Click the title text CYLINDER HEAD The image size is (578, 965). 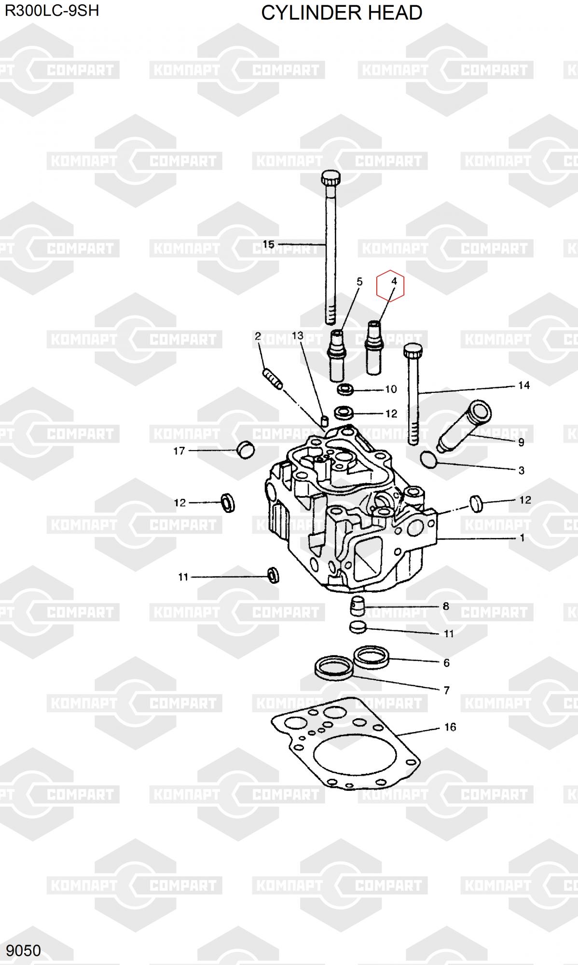(x=342, y=13)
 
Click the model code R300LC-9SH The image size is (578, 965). (x=52, y=10)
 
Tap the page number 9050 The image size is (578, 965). (x=24, y=950)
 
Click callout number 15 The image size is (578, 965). (x=269, y=244)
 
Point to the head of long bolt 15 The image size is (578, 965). (x=330, y=179)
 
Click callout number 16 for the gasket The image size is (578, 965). (x=450, y=727)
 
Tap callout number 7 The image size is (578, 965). (x=447, y=690)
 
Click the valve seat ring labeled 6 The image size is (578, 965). (x=371, y=657)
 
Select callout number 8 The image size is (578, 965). (x=446, y=606)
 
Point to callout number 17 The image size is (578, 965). (x=179, y=451)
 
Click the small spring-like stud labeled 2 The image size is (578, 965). (x=273, y=378)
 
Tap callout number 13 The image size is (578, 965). (x=298, y=335)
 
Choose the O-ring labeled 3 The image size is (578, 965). (x=429, y=459)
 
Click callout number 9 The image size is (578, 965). (x=521, y=442)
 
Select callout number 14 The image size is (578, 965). (x=524, y=385)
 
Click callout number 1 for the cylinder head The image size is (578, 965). (x=522, y=538)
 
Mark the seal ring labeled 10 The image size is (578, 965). (x=345, y=388)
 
